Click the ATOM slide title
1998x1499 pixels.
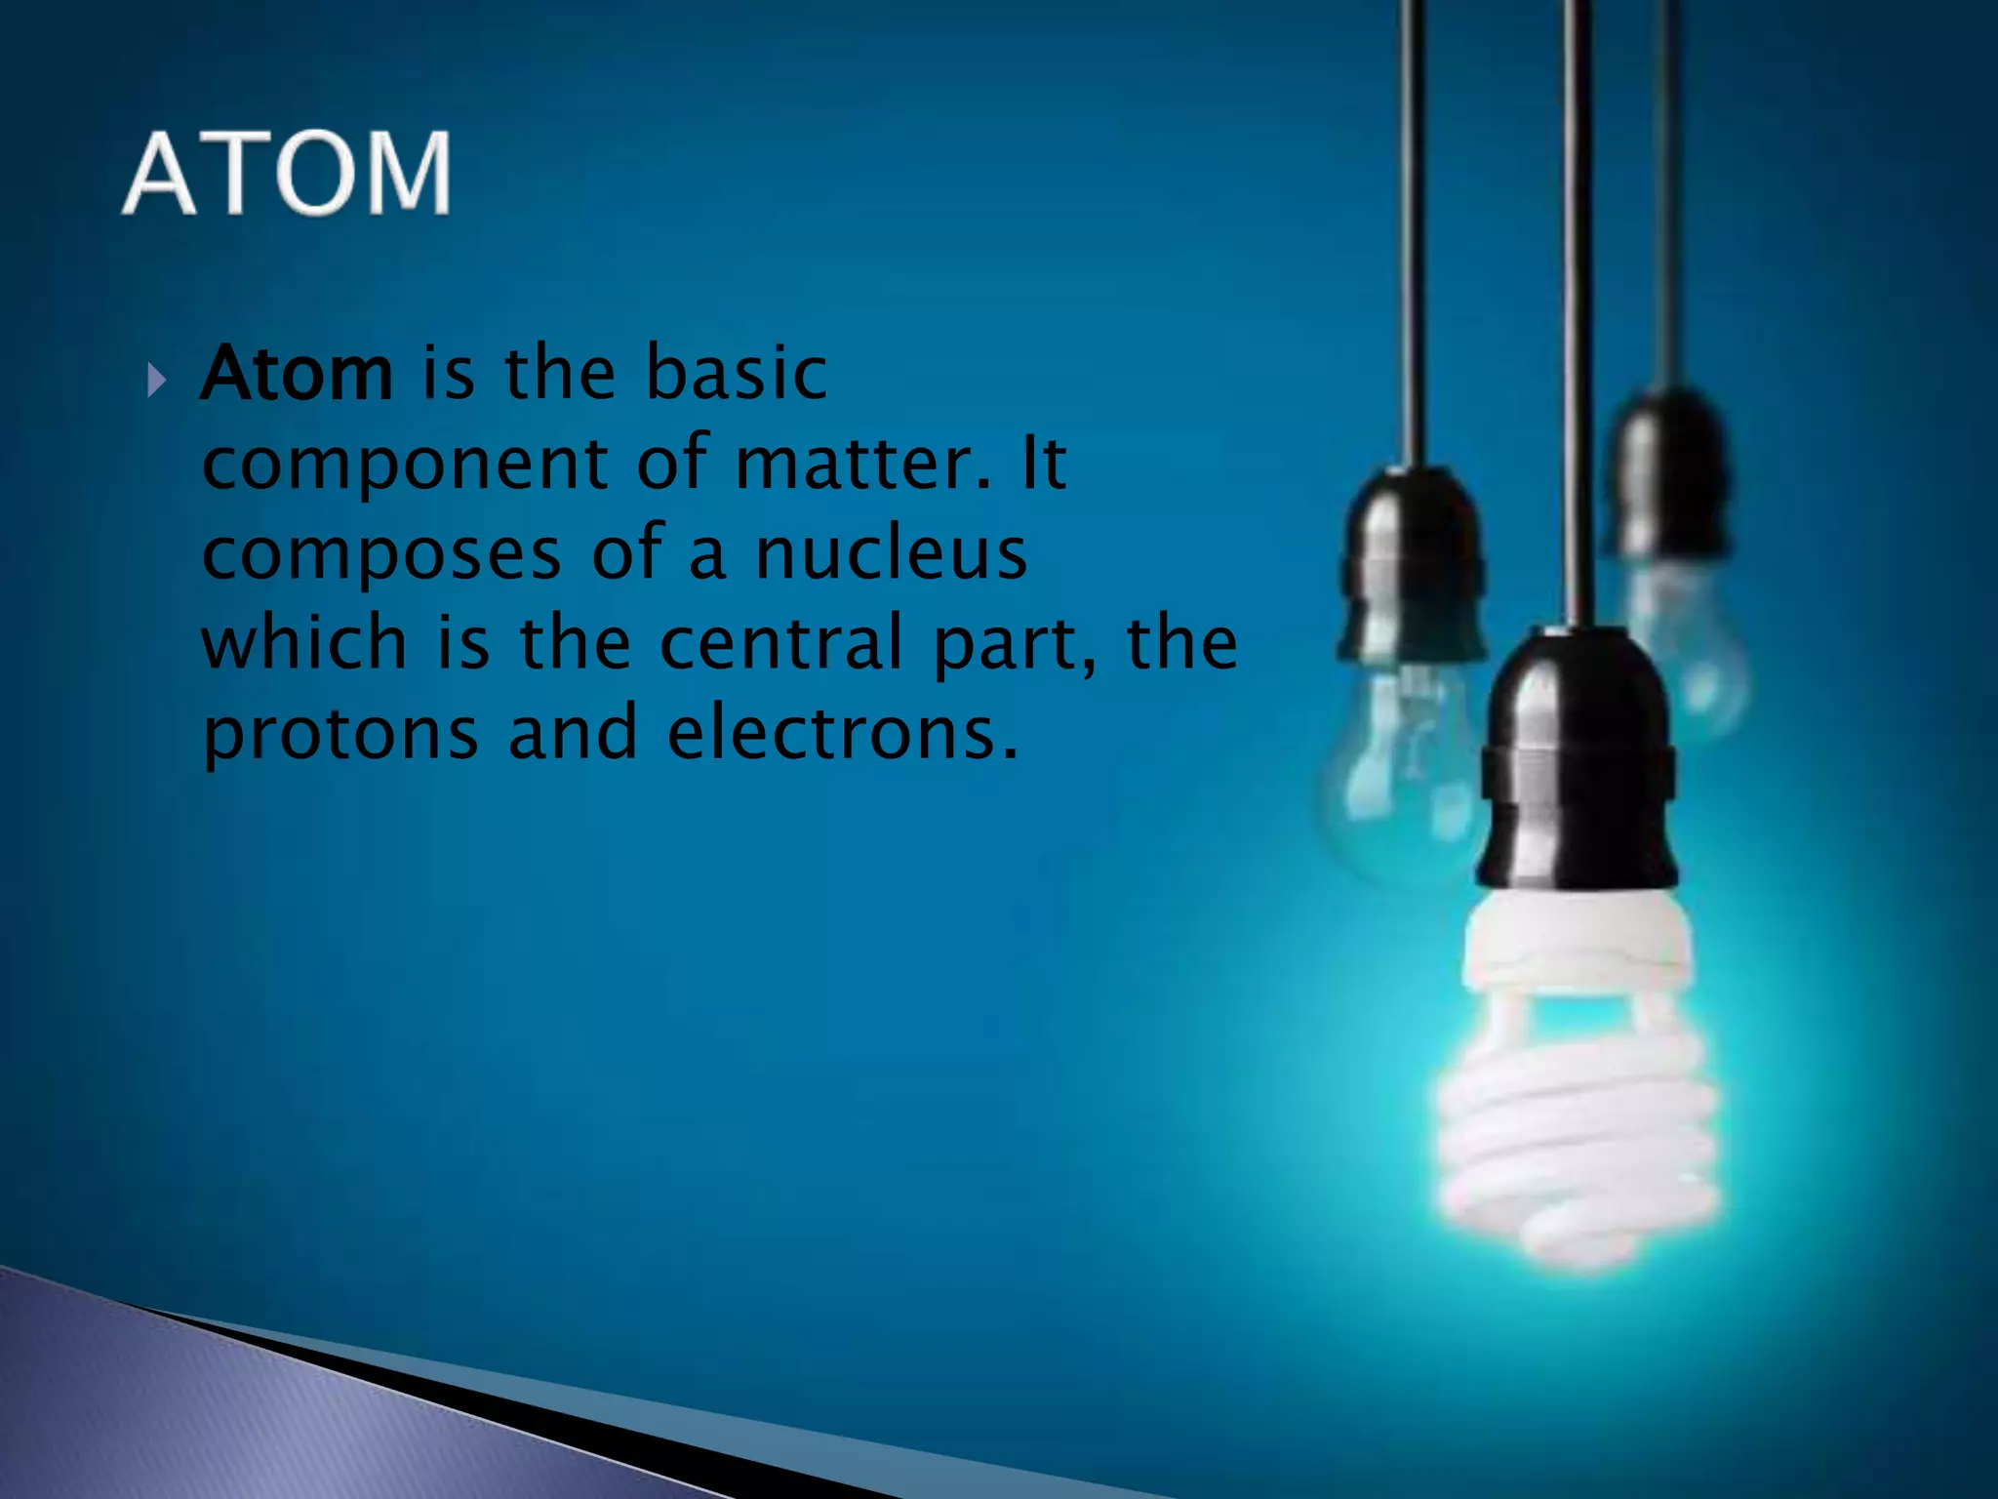pos(287,174)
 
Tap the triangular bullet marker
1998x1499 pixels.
pos(157,380)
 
